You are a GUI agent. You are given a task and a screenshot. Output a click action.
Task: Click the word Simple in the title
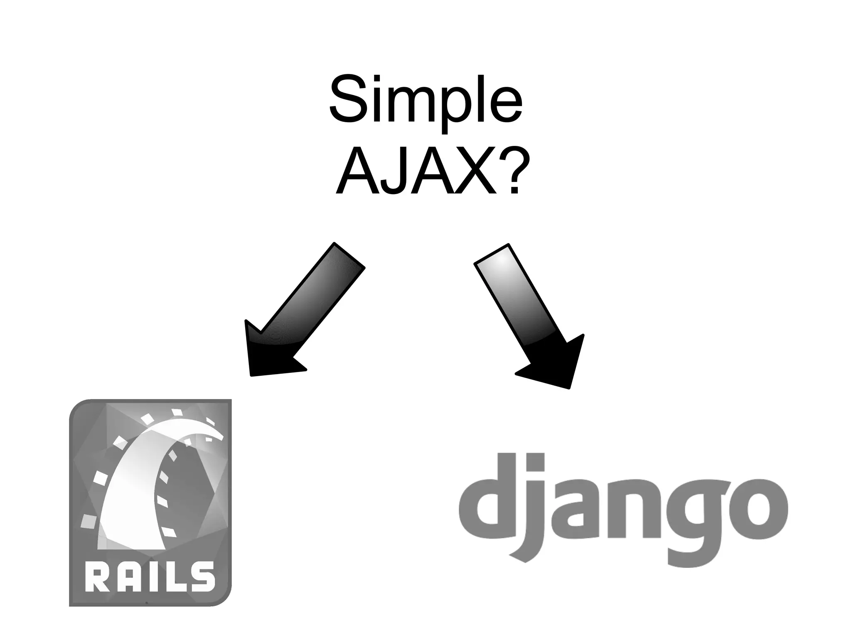click(x=425, y=102)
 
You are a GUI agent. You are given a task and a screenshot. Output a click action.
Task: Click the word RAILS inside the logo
click(x=150, y=576)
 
